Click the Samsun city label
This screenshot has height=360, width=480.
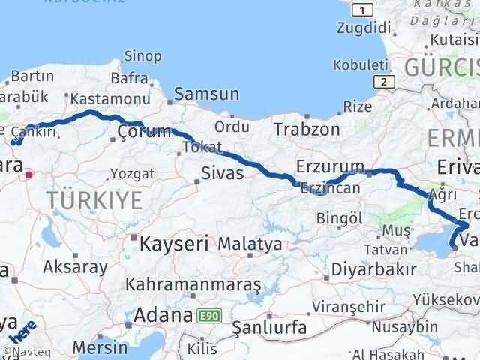(x=206, y=94)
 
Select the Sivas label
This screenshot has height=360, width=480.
(x=222, y=173)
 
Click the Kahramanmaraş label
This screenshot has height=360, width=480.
(x=193, y=285)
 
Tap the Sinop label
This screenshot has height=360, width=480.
(x=142, y=55)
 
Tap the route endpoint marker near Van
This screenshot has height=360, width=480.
(x=454, y=244)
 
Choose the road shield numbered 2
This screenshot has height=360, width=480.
(x=383, y=82)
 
